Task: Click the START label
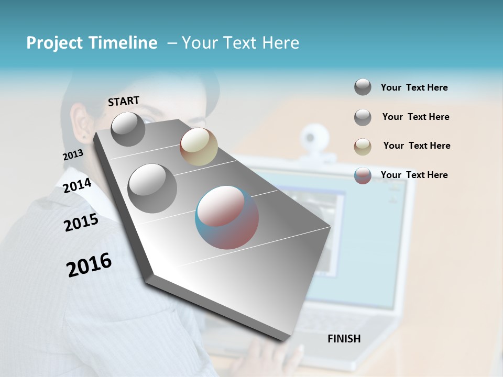(124, 101)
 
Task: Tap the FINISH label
(344, 339)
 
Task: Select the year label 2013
(73, 155)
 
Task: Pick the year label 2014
(77, 185)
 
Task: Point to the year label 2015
(81, 223)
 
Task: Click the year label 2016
(89, 264)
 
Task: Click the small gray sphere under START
(128, 129)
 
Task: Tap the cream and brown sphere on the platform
(199, 147)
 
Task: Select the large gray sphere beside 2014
(152, 188)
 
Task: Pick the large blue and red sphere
(227, 217)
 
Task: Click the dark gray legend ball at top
(363, 87)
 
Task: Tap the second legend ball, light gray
(363, 117)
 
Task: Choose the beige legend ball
(363, 147)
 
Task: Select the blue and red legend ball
(363, 175)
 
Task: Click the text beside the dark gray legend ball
(414, 87)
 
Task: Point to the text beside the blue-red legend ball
(414, 175)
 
